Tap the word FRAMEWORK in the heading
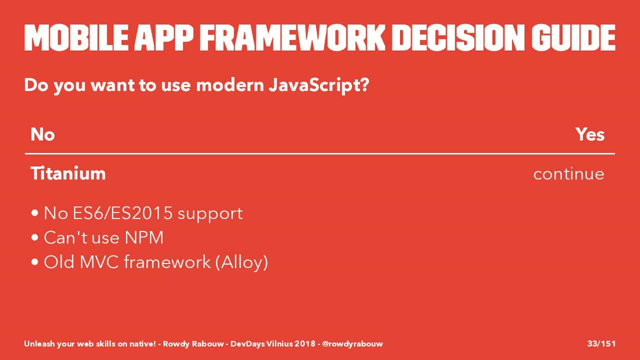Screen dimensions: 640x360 click(x=292, y=37)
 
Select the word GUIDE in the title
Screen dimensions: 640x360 click(x=573, y=37)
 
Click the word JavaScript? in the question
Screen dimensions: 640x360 click(x=319, y=85)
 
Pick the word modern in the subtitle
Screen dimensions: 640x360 click(x=230, y=85)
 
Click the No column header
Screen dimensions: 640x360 click(x=42, y=134)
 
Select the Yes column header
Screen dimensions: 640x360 click(x=590, y=134)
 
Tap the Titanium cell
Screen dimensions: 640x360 click(x=68, y=173)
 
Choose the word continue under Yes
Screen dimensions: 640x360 click(x=569, y=174)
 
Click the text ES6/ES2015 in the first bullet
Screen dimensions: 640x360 click(x=123, y=213)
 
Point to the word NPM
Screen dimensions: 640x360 click(x=144, y=237)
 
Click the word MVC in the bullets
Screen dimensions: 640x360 click(x=99, y=262)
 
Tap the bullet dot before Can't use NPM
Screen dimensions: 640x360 click(x=35, y=237)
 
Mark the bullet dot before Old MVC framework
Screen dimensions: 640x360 click(x=35, y=262)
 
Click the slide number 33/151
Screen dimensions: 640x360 click(x=601, y=343)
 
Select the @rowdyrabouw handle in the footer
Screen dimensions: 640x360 click(x=352, y=343)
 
